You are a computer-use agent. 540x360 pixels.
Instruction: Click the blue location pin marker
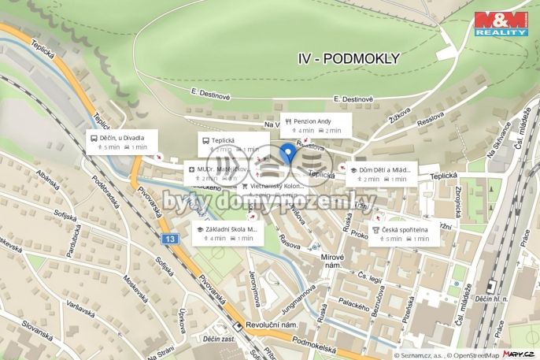coord(288,153)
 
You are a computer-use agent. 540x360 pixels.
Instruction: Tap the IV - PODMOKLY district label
coord(349,58)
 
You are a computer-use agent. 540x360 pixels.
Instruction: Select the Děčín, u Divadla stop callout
coord(121,142)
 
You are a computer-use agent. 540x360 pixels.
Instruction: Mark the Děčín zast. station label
coord(220,338)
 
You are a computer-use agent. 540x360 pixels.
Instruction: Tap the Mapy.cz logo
coord(520,354)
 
